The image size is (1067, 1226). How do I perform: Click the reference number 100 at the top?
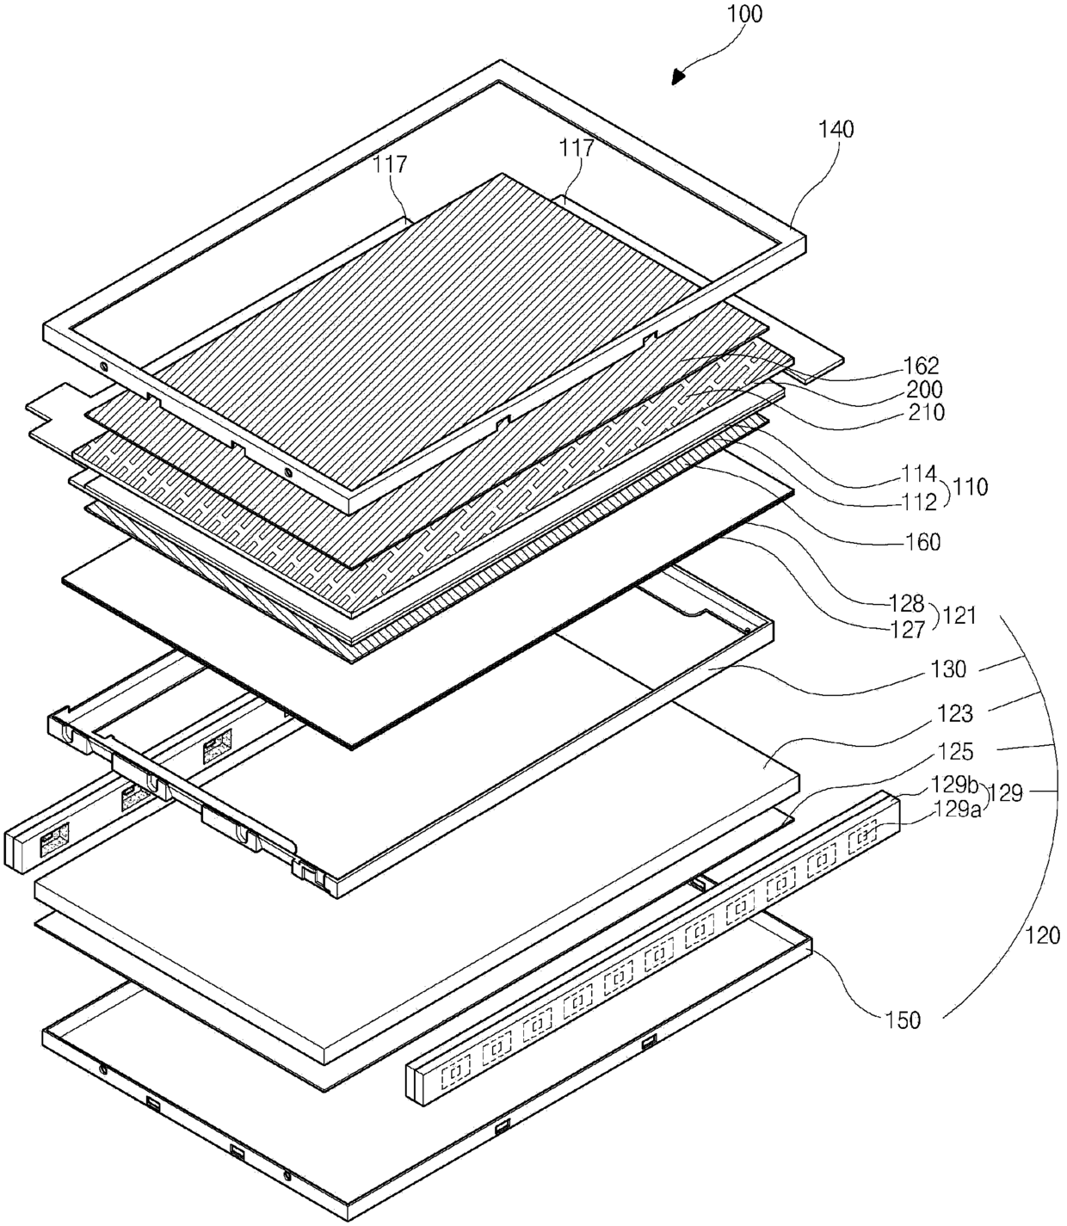tap(744, 15)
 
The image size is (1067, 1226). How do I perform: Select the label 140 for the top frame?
tap(836, 130)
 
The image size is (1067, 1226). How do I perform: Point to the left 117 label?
tap(390, 164)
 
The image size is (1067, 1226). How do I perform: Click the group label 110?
tap(971, 487)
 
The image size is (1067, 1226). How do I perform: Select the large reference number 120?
tap(1044, 935)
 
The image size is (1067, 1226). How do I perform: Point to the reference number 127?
tap(905, 630)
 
